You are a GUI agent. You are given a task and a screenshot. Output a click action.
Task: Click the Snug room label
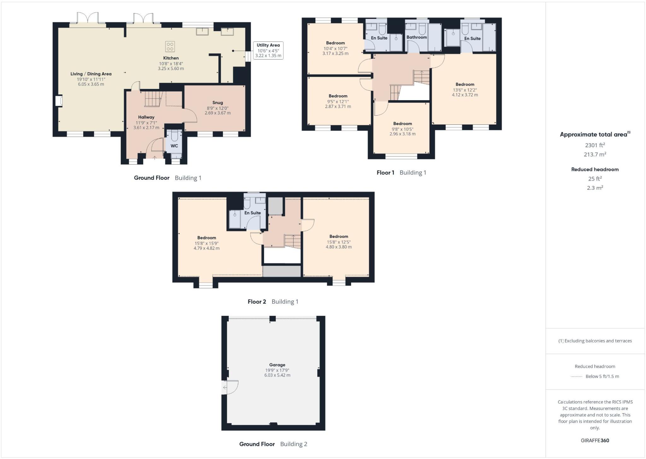(x=217, y=103)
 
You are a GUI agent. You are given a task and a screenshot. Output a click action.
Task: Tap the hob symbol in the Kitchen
(x=170, y=47)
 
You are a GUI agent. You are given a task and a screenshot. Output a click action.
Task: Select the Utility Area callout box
(x=268, y=51)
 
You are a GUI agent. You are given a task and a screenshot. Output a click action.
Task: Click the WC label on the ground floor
(x=174, y=146)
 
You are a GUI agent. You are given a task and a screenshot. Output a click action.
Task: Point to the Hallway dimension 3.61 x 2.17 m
(x=146, y=128)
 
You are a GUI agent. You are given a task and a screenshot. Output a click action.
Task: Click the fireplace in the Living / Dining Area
(x=59, y=101)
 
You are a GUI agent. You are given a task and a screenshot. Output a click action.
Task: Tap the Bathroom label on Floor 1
(x=416, y=37)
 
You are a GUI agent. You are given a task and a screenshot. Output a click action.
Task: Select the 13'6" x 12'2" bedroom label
(x=465, y=90)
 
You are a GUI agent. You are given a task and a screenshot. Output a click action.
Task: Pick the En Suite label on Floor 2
(x=253, y=213)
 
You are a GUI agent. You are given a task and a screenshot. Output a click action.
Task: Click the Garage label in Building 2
(x=277, y=365)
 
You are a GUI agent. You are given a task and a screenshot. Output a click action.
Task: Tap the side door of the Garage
(x=229, y=387)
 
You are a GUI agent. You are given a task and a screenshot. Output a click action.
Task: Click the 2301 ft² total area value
(x=595, y=145)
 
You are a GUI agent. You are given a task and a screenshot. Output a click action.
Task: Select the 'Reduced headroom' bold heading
(x=595, y=169)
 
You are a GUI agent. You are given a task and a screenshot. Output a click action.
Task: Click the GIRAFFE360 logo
(x=595, y=440)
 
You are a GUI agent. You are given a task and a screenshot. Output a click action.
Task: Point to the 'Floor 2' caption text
(x=257, y=302)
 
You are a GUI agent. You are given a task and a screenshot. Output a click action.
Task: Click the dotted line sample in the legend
(x=576, y=377)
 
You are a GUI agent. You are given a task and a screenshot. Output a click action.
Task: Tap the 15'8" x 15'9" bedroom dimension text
(x=207, y=243)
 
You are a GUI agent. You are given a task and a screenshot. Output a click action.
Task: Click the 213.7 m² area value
(x=595, y=154)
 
